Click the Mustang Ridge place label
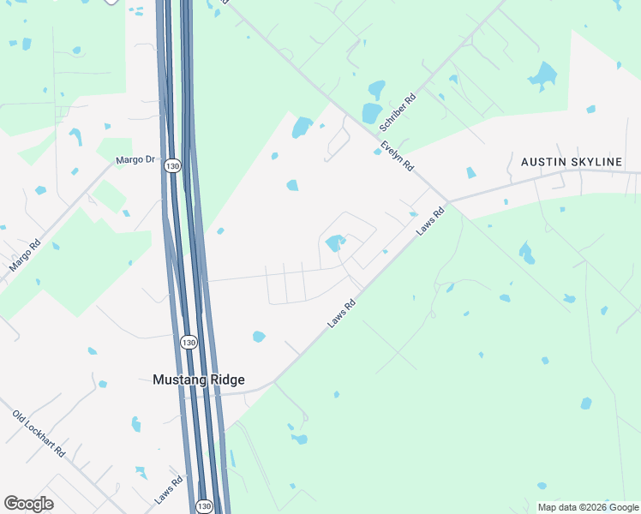198,380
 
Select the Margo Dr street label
136,159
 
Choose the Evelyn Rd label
398,155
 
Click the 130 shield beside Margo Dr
173,165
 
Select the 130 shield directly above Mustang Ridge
189,342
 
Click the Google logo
28,504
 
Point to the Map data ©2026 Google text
589,507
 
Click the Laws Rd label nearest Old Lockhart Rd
170,489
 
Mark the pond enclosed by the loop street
333,243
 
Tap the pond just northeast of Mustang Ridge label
259,337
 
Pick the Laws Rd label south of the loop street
341,314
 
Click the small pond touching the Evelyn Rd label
377,152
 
